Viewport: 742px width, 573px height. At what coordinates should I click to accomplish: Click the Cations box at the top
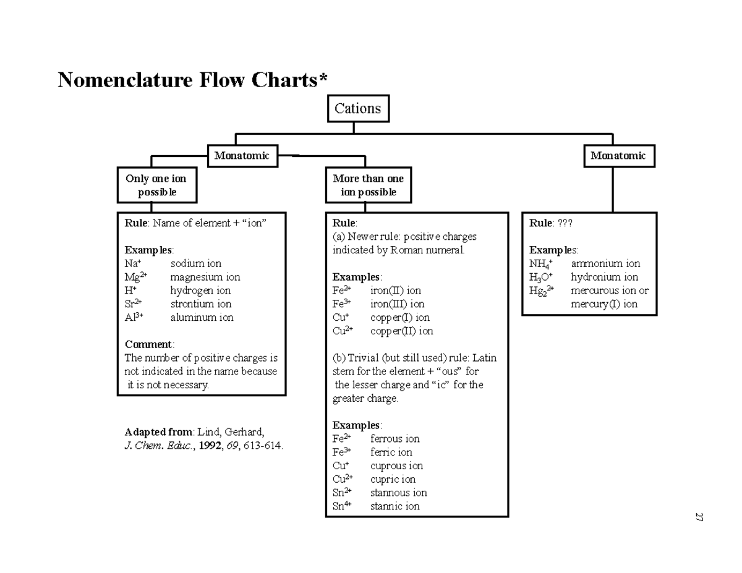(357, 109)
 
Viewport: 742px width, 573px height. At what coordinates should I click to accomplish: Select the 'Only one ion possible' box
(156, 185)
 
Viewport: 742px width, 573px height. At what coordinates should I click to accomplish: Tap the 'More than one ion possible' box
(368, 185)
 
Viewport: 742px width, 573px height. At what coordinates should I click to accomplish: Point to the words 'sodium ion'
(196, 263)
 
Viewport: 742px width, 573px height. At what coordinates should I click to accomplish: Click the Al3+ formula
(134, 317)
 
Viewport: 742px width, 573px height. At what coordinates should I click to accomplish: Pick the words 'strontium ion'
(201, 303)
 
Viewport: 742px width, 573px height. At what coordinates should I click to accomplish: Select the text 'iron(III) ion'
(397, 303)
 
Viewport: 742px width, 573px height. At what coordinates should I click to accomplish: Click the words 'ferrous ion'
(394, 439)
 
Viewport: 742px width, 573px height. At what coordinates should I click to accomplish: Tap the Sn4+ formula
(343, 506)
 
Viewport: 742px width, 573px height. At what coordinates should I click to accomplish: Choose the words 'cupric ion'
(393, 479)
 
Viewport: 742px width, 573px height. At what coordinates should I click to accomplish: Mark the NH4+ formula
(541, 264)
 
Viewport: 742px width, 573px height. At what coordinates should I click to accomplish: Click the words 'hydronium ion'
(604, 277)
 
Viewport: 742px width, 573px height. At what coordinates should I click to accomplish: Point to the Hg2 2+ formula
(542, 291)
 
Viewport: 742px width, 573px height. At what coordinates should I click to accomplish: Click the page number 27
(699, 517)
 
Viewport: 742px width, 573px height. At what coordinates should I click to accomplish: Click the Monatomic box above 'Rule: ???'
(618, 156)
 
